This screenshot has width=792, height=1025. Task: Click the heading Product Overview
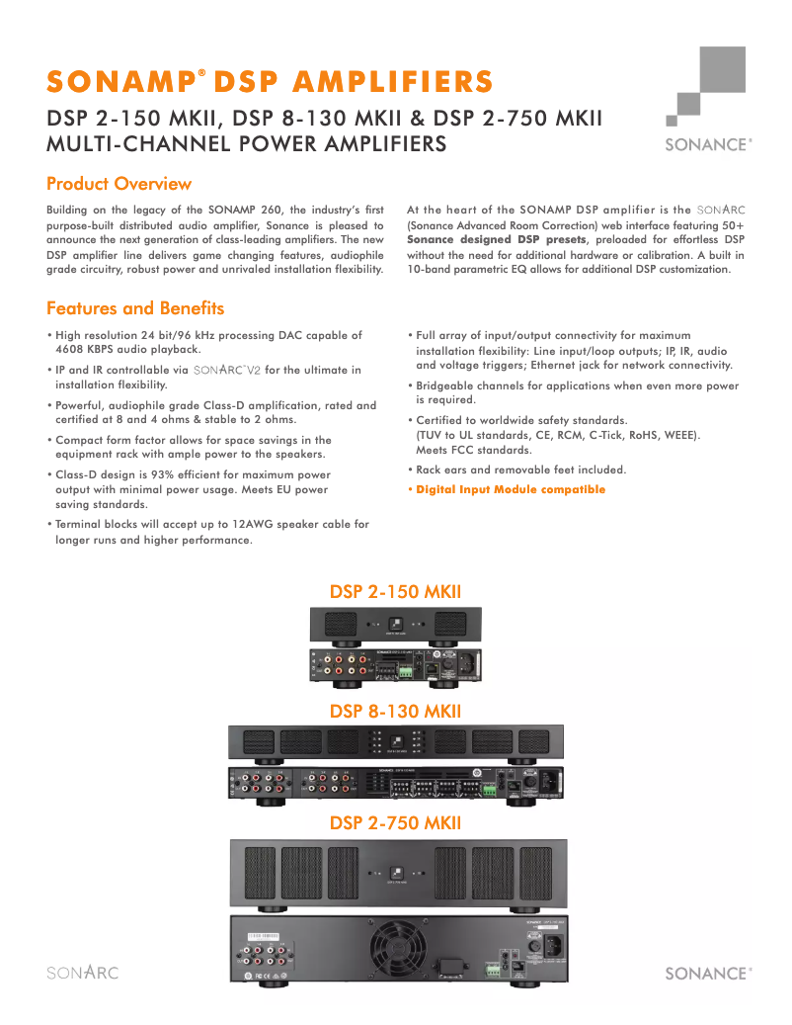point(119,184)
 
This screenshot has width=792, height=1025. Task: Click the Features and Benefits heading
point(135,308)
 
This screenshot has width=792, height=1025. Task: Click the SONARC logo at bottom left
point(83,973)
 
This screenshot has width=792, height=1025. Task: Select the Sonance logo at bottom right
point(708,973)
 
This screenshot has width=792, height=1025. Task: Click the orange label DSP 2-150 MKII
point(395,592)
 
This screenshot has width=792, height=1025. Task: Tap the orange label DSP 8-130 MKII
point(395,711)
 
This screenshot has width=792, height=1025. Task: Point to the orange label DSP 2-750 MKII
point(395,822)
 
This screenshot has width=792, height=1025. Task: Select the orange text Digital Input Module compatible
point(511,490)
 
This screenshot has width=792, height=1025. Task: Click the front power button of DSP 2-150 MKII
point(395,624)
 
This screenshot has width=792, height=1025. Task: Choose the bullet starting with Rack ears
point(520,470)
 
